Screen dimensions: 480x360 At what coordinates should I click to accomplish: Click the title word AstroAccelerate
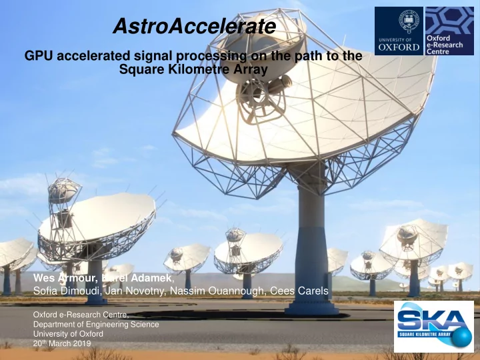tap(195, 26)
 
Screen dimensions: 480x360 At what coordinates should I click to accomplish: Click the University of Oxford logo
tap(399, 31)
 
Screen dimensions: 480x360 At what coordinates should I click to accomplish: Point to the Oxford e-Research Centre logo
tap(449, 31)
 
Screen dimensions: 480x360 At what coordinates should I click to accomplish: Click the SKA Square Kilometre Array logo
tap(434, 326)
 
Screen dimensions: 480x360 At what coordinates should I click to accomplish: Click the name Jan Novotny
tap(135, 291)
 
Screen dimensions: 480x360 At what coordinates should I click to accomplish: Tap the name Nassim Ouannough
tap(217, 291)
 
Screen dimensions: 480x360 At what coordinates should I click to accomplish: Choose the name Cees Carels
tap(299, 291)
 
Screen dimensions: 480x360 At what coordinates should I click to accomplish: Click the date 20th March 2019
tap(62, 343)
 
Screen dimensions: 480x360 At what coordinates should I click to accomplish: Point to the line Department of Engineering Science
tap(96, 324)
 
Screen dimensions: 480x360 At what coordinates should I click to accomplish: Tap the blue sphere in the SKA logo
tap(461, 337)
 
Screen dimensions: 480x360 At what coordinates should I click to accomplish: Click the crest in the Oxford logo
tap(407, 20)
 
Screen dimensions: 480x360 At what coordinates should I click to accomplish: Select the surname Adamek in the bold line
tap(151, 278)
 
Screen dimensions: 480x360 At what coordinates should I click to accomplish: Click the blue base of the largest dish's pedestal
tap(311, 309)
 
